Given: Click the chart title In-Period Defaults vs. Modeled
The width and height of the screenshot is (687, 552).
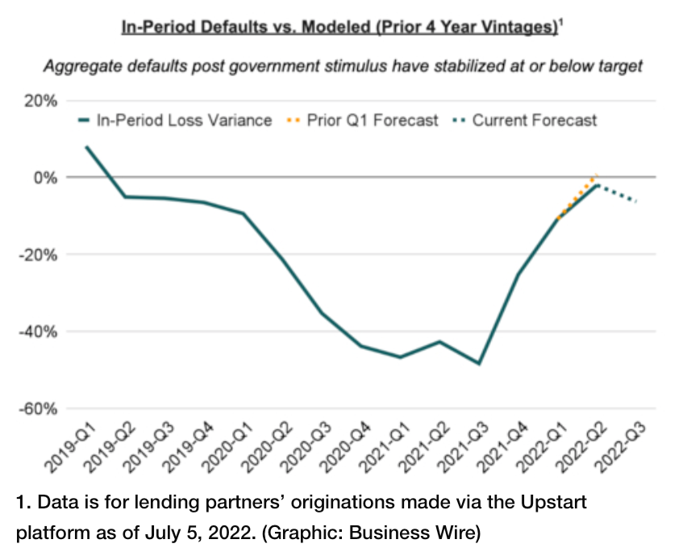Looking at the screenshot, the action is pos(342,27).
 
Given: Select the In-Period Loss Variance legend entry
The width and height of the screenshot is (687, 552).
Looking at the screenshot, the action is pos(175,120).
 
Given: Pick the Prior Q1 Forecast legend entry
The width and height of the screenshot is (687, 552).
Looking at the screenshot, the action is pos(362,120).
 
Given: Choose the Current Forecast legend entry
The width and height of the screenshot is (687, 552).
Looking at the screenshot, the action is pos(525,120).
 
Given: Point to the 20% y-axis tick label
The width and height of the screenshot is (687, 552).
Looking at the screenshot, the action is pos(40,101).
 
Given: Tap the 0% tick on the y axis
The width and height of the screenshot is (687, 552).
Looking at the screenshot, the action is pos(46,178).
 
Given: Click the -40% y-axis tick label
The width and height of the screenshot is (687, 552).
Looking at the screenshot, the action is pos(38,332).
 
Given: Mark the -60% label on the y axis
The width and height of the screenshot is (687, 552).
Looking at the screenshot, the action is pos(38,408).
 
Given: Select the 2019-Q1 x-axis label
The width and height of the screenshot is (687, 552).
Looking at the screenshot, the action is pos(70,447).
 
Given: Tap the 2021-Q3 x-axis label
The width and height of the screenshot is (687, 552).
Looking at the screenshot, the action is pos(463,447).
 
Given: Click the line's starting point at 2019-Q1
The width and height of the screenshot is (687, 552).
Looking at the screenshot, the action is pos(87,148).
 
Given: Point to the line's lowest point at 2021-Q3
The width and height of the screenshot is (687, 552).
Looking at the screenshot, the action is pos(479,363).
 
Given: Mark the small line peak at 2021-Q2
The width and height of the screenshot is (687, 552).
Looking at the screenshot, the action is pos(439,341).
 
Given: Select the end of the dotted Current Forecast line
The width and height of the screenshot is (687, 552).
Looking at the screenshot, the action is pos(635,201).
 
